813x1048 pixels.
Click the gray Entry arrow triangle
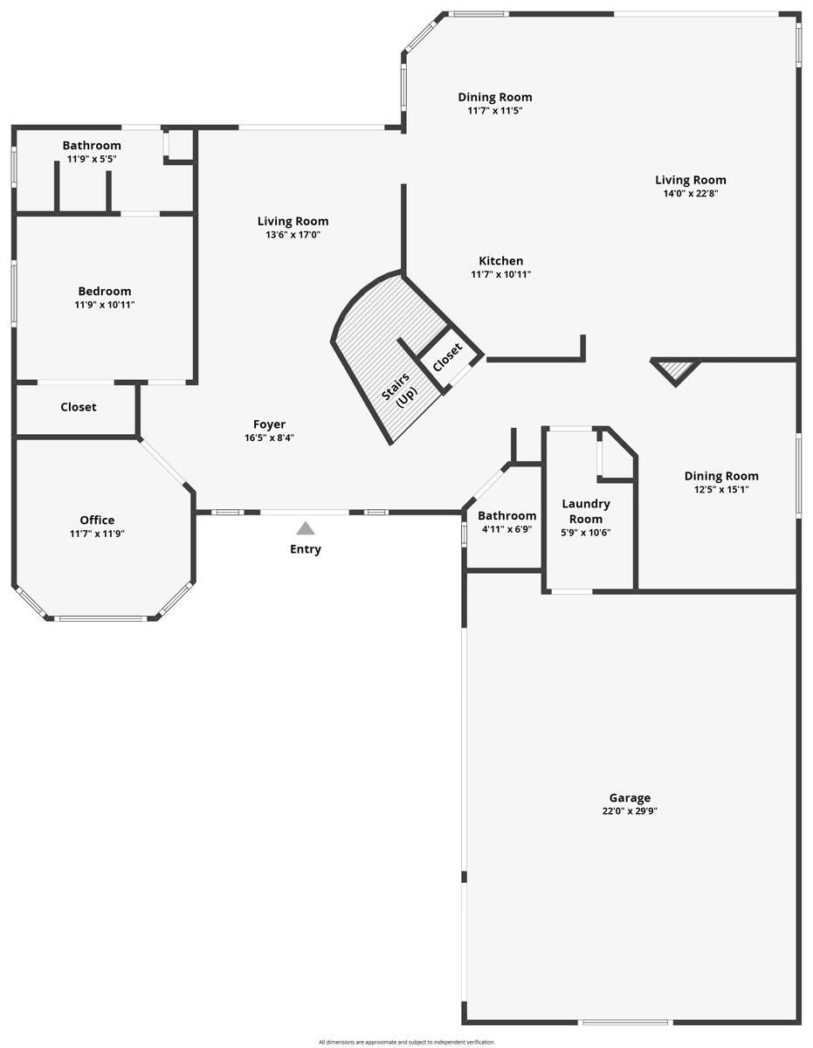point(305,528)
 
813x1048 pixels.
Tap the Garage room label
point(630,797)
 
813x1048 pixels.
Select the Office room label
point(97,520)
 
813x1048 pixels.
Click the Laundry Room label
point(586,511)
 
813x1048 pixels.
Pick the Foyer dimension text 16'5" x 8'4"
point(269,438)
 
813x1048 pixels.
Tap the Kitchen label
point(501,260)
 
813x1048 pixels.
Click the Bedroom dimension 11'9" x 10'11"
point(105,305)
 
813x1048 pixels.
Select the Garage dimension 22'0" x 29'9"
point(630,811)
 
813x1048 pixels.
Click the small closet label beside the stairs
point(448,357)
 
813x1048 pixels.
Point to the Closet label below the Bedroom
point(79,407)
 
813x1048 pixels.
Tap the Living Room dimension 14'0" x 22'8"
point(691,194)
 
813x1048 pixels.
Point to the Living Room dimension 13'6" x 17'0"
point(293,235)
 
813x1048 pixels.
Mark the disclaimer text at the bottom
point(406,1042)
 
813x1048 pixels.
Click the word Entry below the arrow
point(306,549)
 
